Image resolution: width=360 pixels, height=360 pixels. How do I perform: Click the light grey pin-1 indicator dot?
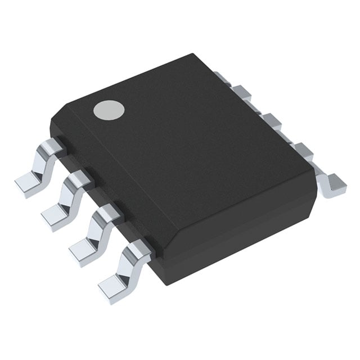point(108,110)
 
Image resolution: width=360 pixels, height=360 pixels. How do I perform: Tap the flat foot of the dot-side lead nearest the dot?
point(25,182)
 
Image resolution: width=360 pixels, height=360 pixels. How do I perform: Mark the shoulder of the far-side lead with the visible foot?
point(304,150)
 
